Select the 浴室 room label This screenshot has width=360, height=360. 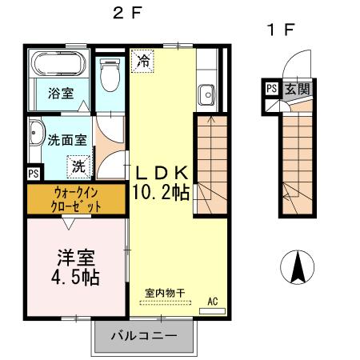coord(62,93)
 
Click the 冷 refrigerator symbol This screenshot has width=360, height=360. coord(144,61)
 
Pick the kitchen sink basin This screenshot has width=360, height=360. coord(207,94)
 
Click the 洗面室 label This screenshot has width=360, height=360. coord(67,138)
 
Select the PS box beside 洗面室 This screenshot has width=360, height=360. coord(34,172)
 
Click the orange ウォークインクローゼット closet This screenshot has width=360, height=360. coord(77,199)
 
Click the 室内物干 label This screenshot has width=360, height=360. coord(165,292)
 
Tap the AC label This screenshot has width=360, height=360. coord(213,301)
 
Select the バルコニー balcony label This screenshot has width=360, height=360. coord(144,335)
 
